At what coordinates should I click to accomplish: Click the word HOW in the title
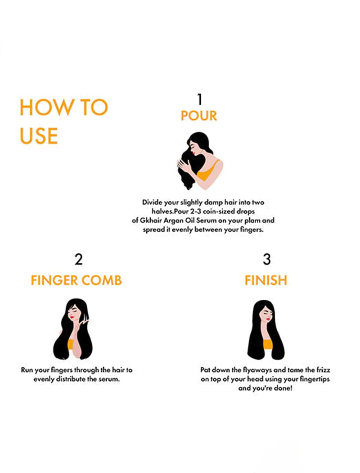point(46,108)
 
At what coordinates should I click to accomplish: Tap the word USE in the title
point(39,136)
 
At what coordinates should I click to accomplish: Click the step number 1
point(199,99)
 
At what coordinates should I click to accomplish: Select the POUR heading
point(199,116)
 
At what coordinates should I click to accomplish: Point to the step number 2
point(78,259)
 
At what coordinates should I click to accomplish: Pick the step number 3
point(266,259)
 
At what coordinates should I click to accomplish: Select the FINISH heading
point(265,280)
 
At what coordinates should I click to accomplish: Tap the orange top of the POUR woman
point(206,172)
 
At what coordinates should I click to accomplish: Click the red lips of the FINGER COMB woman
point(71,317)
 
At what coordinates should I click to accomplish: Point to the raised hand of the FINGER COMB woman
point(83,322)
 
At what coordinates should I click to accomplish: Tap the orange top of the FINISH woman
point(268,344)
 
